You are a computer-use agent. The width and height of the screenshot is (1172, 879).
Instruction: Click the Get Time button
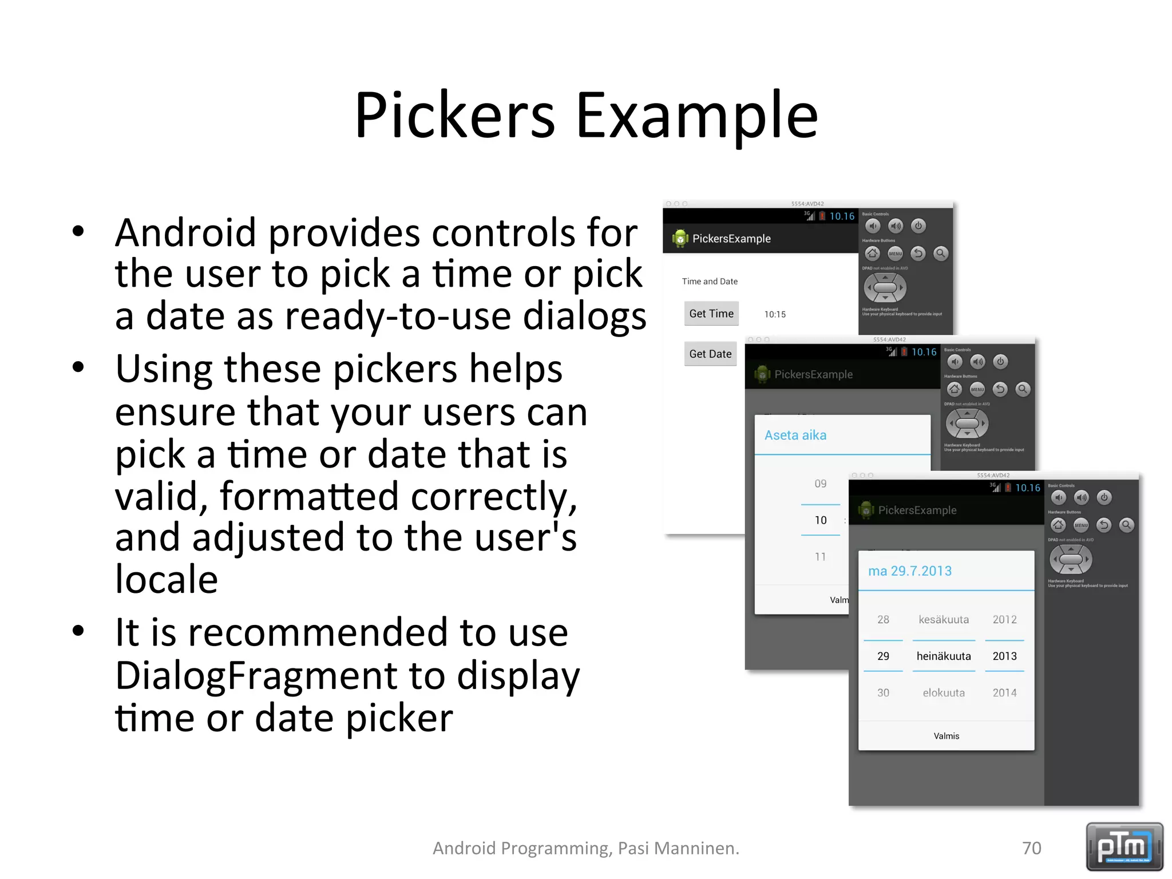711,314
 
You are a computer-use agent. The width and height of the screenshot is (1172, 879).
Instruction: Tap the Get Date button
710,354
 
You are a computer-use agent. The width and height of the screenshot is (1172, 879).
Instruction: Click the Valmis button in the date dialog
946,736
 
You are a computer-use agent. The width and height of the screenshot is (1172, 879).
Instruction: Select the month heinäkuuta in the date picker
944,656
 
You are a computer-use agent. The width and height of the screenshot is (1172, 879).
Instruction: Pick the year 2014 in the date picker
1004,692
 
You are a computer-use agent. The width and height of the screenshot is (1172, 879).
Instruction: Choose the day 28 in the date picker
883,619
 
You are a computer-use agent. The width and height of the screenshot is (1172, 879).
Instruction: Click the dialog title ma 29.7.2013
910,571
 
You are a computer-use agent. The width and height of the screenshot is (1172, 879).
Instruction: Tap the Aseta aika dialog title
795,435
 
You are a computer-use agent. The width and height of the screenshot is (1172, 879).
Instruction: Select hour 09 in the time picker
820,484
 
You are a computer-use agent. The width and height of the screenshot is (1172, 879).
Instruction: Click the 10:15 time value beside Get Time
775,314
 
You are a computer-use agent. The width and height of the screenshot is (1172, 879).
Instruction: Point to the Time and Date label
710,281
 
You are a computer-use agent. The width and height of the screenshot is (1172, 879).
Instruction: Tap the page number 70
1031,848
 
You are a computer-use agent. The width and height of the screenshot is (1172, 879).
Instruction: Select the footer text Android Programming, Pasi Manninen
585,848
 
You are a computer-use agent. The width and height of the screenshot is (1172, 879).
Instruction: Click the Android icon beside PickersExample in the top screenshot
680,238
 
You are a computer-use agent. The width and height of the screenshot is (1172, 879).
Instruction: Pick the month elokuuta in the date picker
944,692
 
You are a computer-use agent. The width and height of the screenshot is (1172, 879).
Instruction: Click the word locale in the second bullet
167,579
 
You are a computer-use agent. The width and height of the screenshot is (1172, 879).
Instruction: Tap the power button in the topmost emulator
918,225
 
